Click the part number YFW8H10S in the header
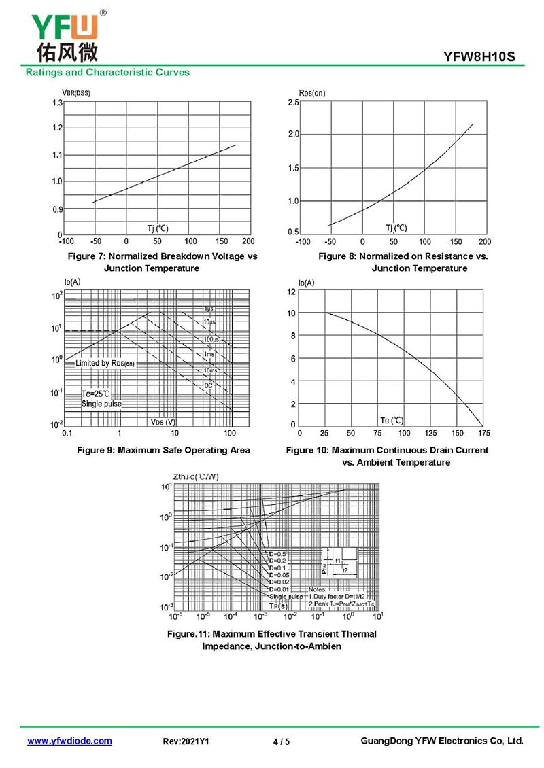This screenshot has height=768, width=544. pos(484,58)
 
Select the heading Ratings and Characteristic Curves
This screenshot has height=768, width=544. pos(107,72)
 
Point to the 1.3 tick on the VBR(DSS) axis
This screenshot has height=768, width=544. pos(57,103)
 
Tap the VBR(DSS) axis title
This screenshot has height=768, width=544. pos(76,92)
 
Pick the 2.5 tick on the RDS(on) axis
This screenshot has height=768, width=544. pos(293,103)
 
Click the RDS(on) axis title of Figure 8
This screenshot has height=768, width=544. pos(312,92)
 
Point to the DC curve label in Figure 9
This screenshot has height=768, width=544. pos(208,385)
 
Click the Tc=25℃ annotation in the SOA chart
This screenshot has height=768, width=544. pos(96,394)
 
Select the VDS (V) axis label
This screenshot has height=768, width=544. pos(163,422)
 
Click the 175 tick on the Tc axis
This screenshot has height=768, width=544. pos(483,433)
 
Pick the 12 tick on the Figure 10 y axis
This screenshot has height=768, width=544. pos(291,292)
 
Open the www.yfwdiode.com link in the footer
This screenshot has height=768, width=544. pos(69,741)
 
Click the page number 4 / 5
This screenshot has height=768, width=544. pos(281,741)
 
